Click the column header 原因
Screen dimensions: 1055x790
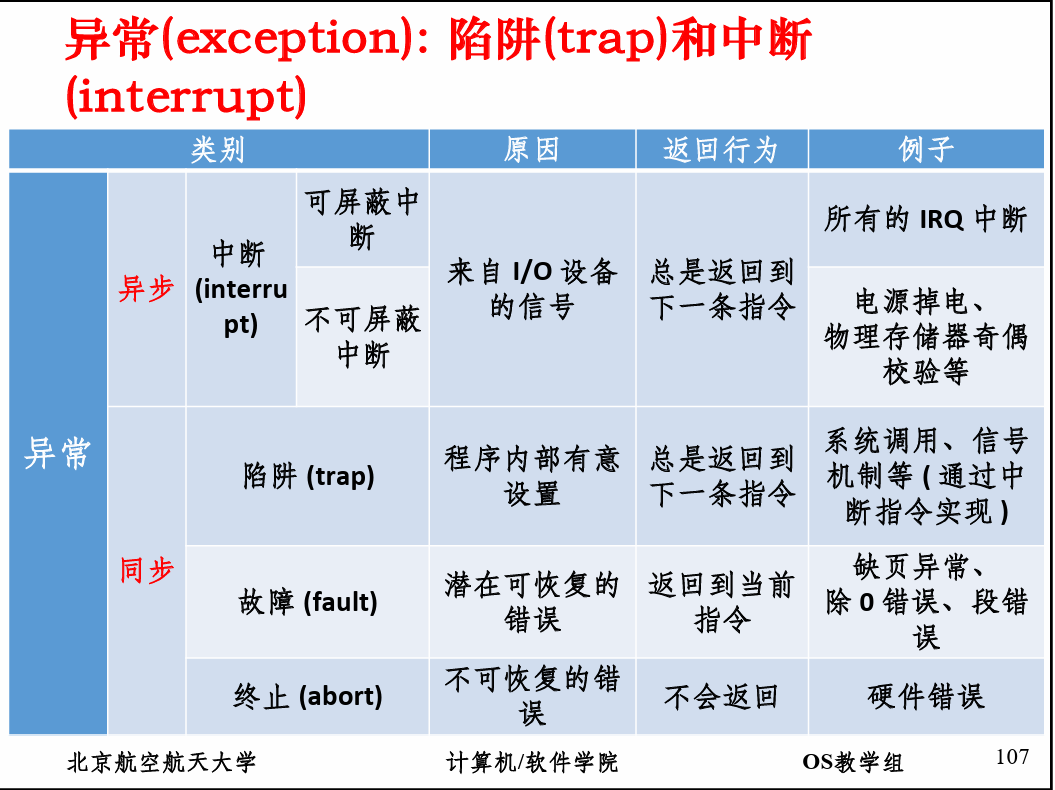click(532, 149)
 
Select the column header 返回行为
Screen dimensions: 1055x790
click(721, 149)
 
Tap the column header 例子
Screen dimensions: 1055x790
click(926, 149)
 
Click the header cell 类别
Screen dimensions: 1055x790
click(218, 149)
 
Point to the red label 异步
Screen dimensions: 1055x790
click(146, 289)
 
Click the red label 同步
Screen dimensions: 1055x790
click(147, 570)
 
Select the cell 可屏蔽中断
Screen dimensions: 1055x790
click(362, 219)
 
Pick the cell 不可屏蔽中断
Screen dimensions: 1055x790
click(363, 336)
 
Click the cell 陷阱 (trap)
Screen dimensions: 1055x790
click(309, 476)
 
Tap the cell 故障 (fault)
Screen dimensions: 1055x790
click(308, 602)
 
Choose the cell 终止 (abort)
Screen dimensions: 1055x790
click(308, 696)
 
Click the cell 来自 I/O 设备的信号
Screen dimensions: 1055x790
click(532, 289)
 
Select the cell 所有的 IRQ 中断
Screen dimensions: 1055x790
click(926, 219)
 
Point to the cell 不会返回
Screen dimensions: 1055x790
click(721, 696)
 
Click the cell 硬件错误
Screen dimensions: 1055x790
click(926, 696)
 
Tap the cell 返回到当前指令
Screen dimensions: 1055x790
click(721, 602)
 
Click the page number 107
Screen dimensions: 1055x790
click(1012, 757)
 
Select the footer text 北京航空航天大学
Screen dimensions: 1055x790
click(161, 762)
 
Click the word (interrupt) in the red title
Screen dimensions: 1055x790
click(186, 96)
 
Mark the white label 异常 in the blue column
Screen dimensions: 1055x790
click(57, 453)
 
